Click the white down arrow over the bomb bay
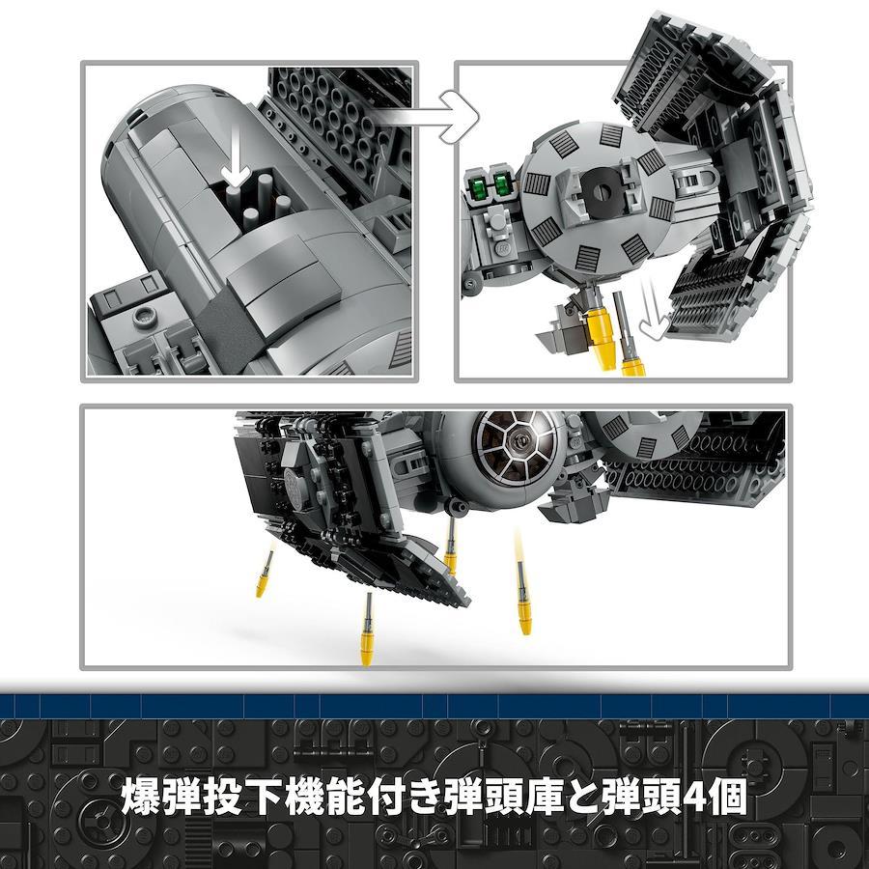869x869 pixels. click(x=236, y=155)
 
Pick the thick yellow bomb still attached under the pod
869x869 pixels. click(x=599, y=332)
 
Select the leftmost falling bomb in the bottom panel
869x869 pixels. click(x=264, y=575)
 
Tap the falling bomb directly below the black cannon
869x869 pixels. click(x=451, y=548)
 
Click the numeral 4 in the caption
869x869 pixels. click(x=694, y=797)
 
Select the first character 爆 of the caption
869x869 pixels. click(x=138, y=797)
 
